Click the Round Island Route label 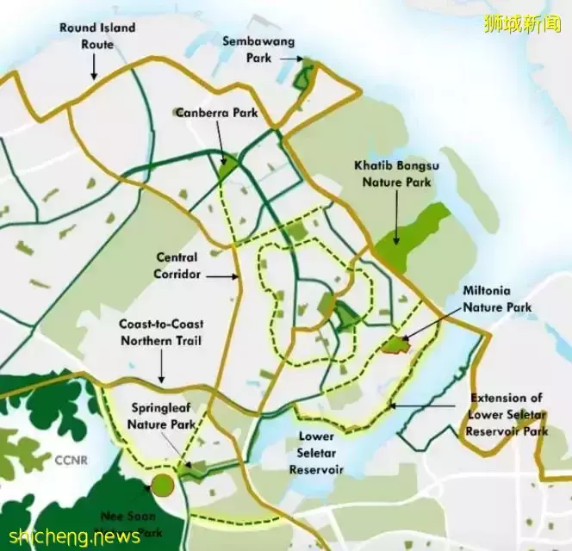pos(96,35)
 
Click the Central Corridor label pos(177,265)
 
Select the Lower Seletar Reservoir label pos(316,452)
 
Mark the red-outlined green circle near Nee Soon pos(161,485)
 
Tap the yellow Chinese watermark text pos(523,23)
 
